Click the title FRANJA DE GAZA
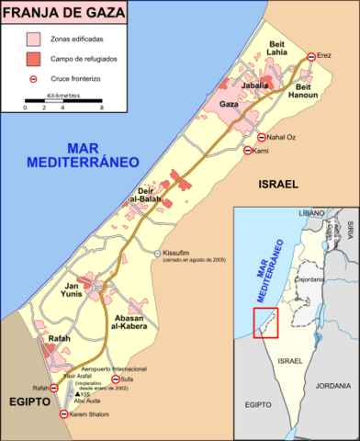[58, 13]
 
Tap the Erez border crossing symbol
[311, 57]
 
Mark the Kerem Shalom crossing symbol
[63, 414]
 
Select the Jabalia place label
[254, 85]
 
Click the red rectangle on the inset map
[264, 322]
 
